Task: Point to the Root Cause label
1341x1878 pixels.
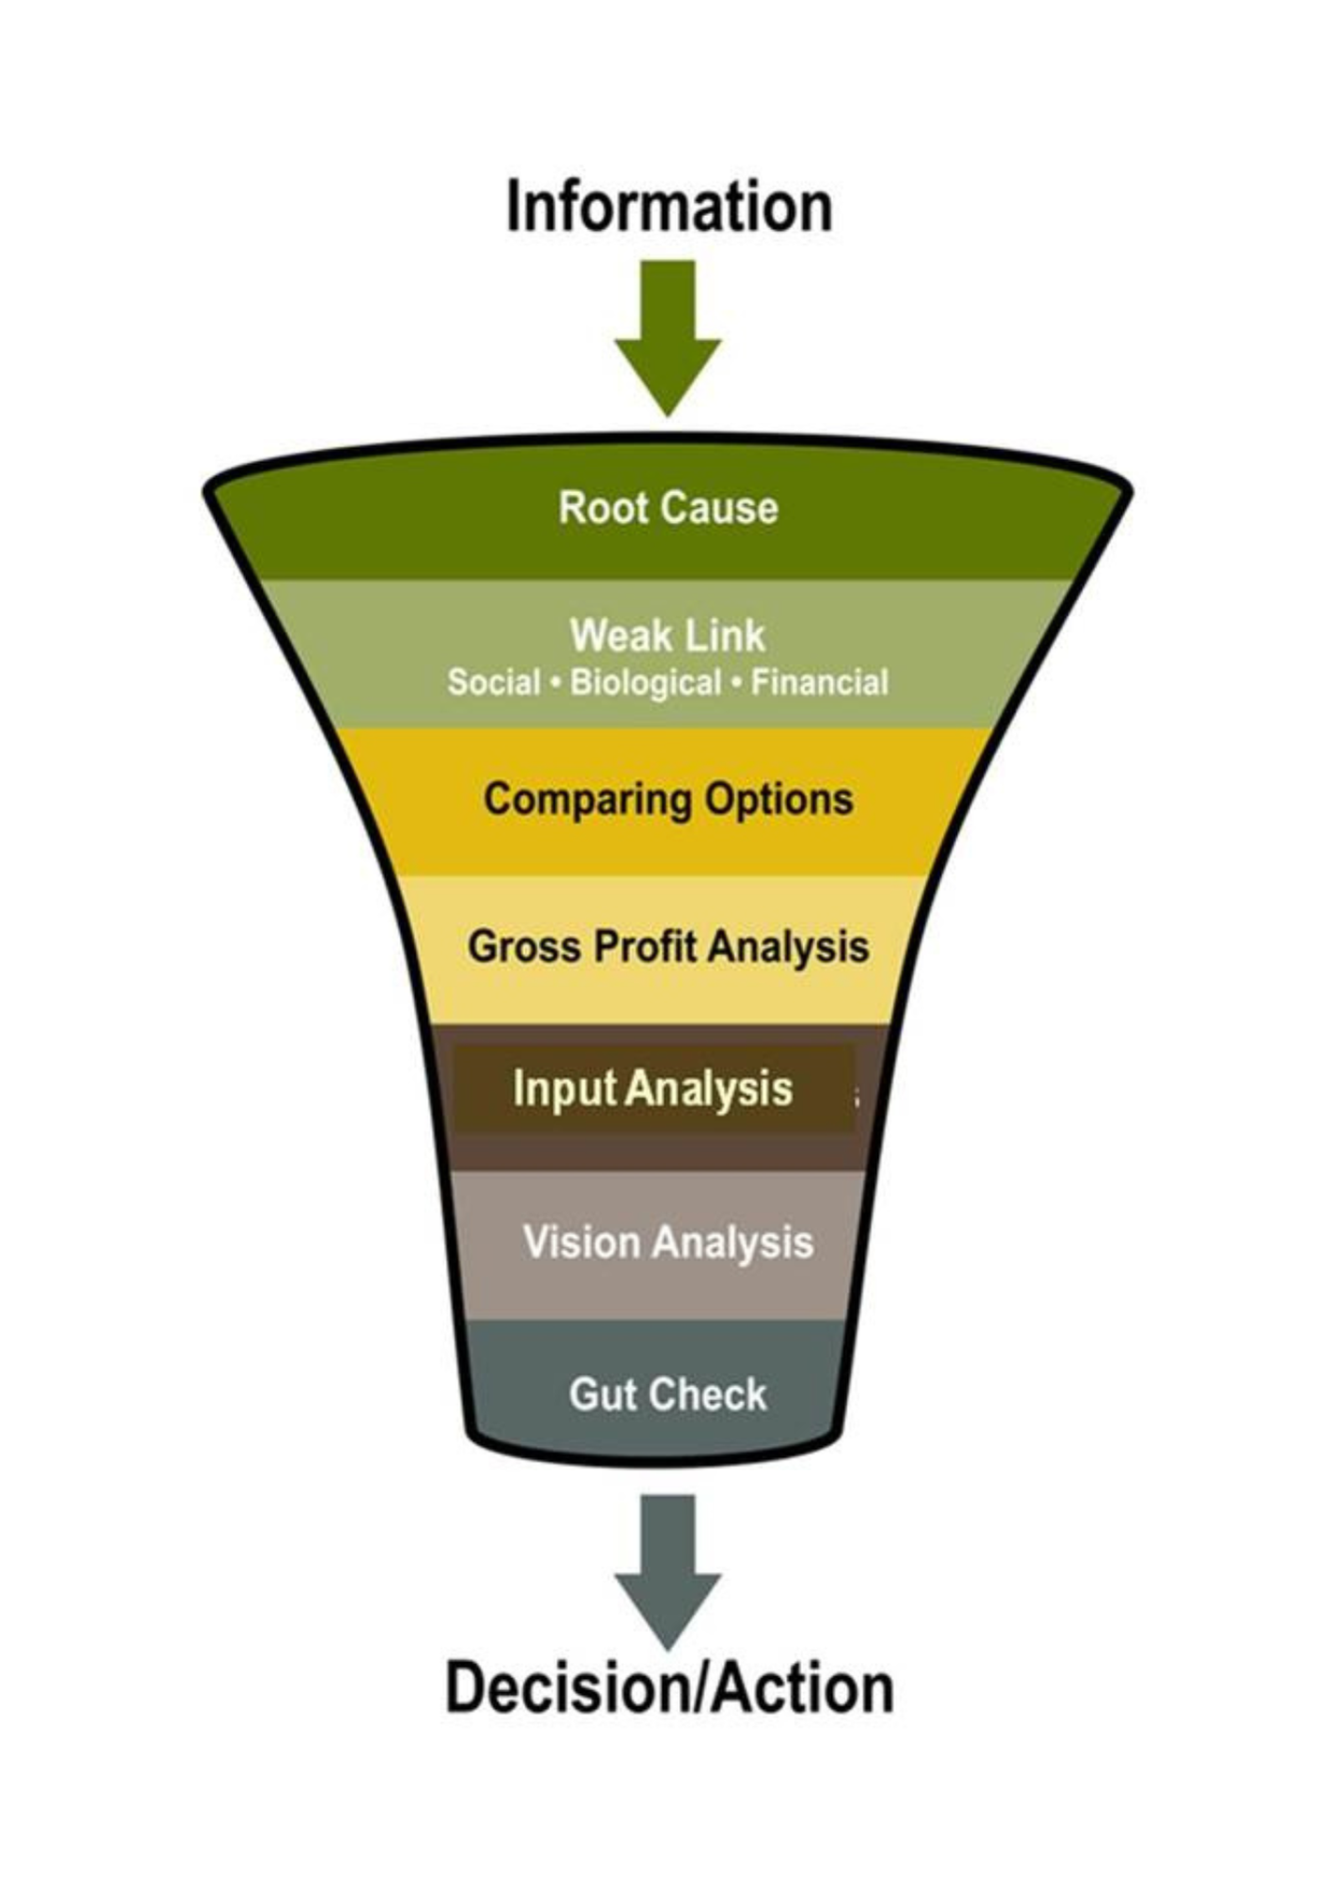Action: coord(668,508)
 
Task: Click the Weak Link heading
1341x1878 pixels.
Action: coord(668,636)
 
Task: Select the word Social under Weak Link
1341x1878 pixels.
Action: coord(494,683)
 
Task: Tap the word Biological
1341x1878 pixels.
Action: coord(646,683)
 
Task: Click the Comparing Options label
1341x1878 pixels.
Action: coord(668,800)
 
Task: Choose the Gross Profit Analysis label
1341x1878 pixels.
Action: coord(668,947)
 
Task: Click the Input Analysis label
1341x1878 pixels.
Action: coord(653,1089)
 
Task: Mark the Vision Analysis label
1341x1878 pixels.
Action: coord(668,1242)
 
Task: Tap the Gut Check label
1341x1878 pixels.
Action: coord(668,1394)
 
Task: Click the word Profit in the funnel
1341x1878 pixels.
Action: coord(646,947)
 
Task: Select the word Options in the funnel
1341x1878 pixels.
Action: coord(778,800)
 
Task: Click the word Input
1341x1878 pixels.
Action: coord(563,1089)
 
